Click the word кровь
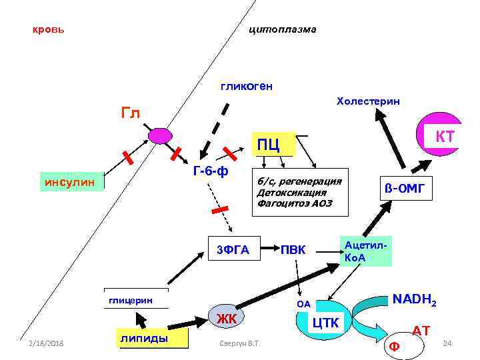click(x=49, y=31)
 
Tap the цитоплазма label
click(x=282, y=30)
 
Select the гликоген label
click(x=247, y=86)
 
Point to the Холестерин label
click(x=369, y=101)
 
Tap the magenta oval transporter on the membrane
click(x=160, y=136)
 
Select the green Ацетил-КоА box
click(x=365, y=251)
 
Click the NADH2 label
click(x=415, y=300)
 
